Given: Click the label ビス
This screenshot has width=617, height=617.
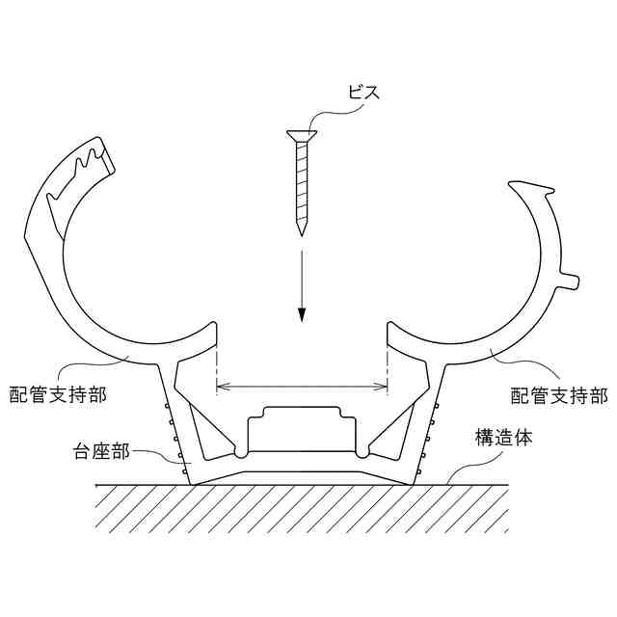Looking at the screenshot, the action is tap(365, 94).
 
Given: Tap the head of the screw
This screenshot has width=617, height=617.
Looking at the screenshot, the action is tap(301, 134).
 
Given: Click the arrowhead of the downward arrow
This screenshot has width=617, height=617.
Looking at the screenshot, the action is tap(302, 317).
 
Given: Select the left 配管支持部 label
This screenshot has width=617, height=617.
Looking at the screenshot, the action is tap(58, 394).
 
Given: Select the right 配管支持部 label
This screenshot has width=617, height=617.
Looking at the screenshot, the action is tap(558, 394).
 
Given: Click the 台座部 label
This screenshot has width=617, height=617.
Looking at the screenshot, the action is tap(100, 450).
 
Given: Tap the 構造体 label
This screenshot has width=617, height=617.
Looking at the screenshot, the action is tap(506, 439).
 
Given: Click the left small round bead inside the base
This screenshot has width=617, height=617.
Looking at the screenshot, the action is tap(241, 450).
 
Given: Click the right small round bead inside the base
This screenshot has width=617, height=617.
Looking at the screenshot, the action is tap(362, 450).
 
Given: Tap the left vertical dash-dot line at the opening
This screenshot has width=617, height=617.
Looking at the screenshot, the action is tap(218, 366).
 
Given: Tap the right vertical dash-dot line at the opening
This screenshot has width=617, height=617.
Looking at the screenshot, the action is tap(387, 366).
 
